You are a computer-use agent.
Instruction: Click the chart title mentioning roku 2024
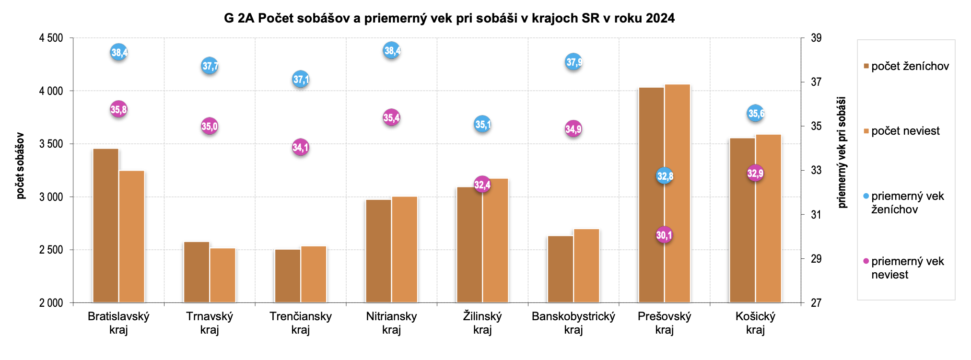click(449, 18)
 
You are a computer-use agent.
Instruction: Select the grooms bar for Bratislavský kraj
click(105, 225)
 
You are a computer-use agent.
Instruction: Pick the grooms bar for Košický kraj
click(742, 220)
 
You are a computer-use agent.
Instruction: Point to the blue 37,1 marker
click(301, 79)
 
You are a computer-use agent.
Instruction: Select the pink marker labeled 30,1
click(664, 235)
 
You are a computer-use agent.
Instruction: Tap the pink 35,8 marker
click(118, 109)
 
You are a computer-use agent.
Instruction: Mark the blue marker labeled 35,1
click(482, 125)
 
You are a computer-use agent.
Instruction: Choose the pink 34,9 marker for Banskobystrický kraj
click(573, 129)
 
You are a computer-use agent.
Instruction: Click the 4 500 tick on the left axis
click(51, 38)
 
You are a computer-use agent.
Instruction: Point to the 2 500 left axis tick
click(51, 250)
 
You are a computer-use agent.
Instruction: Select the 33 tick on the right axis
click(816, 170)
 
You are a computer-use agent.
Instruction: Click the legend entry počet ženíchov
click(910, 66)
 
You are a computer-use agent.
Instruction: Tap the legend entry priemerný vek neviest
click(907, 268)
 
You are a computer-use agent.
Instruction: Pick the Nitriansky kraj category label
click(391, 323)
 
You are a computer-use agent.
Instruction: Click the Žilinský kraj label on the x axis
click(482, 323)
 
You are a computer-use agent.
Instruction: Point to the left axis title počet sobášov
click(20, 165)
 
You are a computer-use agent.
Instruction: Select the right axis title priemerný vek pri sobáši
click(842, 152)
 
